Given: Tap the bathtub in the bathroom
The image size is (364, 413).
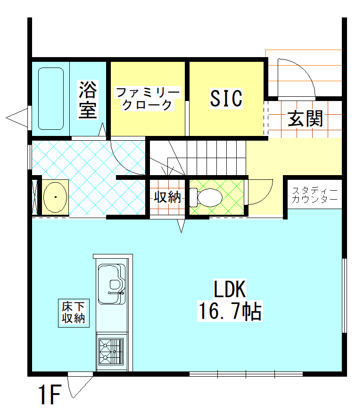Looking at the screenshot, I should click(50, 98).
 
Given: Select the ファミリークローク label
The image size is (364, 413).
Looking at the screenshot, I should click(148, 98).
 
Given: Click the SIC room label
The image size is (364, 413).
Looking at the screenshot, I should click(226, 98).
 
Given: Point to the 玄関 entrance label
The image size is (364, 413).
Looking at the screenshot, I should click(306, 119).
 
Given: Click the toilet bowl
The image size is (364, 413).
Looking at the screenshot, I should click(207, 197).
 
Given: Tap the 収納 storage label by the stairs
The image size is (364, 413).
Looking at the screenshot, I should click(167, 197).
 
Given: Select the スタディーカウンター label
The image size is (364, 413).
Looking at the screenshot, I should click(314, 195).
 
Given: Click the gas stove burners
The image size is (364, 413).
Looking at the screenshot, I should click(111, 352).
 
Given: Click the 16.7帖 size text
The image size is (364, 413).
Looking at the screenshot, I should click(230, 312).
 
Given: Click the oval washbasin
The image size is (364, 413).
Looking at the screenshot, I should click(56, 196).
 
